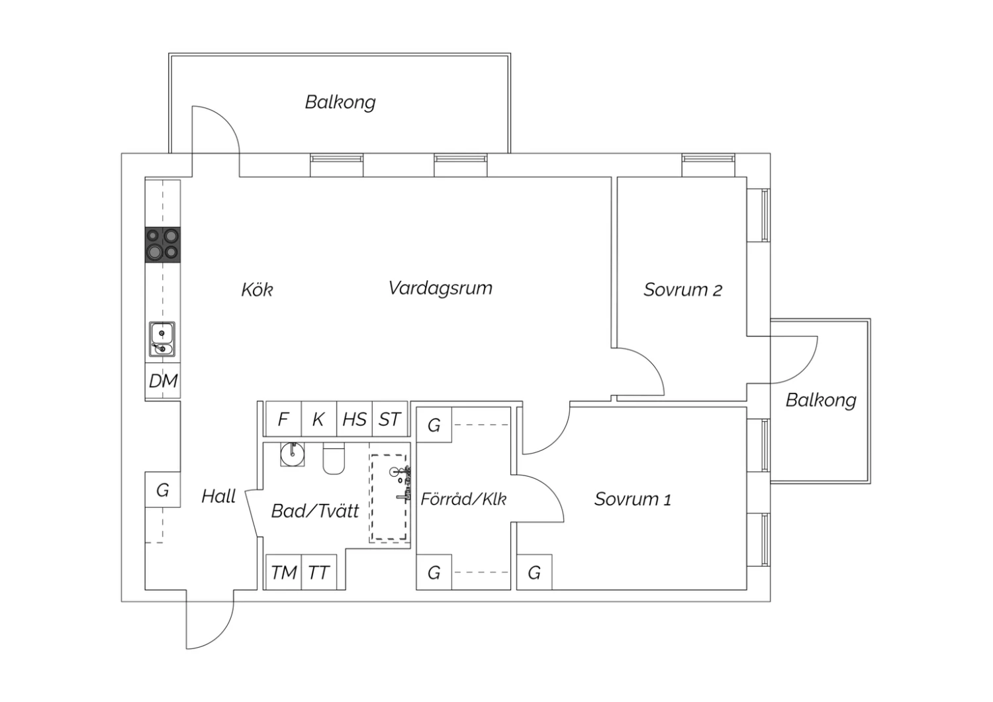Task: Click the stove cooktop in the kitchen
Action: (163, 245)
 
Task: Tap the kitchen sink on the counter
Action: (162, 339)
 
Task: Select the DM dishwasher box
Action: (163, 381)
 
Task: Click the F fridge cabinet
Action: (283, 419)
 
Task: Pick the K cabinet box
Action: (318, 419)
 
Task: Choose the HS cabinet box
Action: (354, 419)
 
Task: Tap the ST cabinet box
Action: (389, 419)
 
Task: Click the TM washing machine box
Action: (283, 572)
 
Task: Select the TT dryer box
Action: (318, 572)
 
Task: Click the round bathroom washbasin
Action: (292, 454)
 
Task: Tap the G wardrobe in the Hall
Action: (163, 490)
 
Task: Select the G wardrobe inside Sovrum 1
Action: (534, 572)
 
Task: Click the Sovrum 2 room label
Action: (683, 289)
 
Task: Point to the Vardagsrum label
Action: (440, 288)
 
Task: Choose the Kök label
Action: (257, 289)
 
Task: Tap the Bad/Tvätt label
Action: (315, 511)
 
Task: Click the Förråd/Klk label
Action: (463, 499)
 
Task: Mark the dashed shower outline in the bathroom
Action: (389, 498)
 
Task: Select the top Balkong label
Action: (340, 102)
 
